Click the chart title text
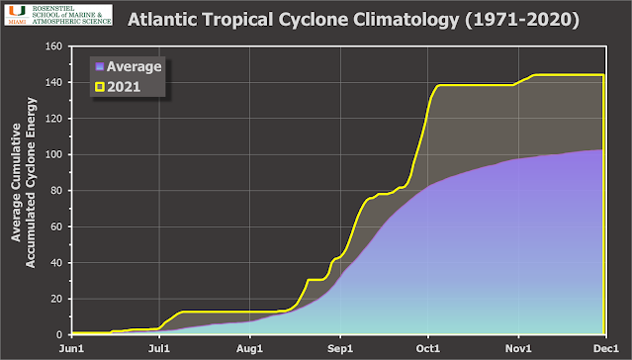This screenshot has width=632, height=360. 353,20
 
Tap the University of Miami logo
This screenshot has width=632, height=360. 58,15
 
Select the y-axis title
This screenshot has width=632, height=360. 24,183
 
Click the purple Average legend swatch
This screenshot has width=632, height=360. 100,66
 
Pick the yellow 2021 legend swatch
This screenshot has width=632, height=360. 100,87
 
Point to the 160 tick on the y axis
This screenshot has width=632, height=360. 53,46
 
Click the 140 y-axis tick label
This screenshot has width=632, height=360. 53,82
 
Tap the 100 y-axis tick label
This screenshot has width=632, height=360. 53,154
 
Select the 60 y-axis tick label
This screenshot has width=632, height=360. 56,226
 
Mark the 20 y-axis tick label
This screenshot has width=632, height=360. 56,299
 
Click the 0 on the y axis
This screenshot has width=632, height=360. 59,334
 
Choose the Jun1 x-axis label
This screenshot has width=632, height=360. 71,348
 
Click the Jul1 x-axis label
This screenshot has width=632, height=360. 159,348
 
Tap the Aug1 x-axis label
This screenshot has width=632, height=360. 250,348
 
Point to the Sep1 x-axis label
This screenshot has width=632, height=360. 340,348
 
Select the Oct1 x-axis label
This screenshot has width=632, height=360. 428,348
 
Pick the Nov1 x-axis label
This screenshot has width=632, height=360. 518,348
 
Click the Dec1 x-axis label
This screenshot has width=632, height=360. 606,348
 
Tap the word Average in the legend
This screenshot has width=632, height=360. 135,66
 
